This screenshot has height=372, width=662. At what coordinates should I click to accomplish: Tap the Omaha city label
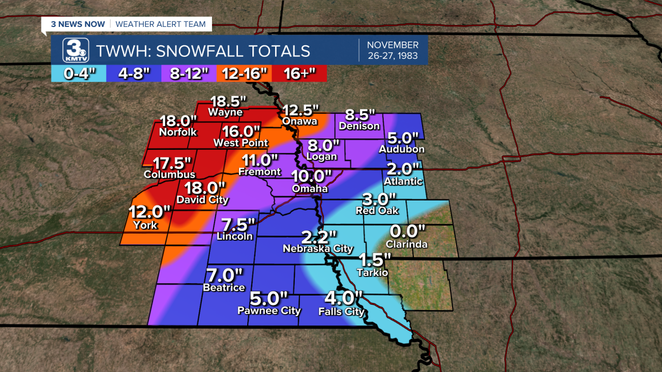(310, 189)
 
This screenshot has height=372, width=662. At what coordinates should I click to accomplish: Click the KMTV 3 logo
(76, 51)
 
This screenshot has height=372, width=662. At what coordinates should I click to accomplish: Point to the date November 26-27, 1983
(393, 50)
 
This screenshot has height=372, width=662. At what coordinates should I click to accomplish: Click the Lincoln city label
(235, 236)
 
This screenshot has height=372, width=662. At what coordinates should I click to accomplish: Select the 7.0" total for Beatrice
(224, 275)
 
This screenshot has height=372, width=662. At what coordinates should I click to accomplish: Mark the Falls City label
(341, 312)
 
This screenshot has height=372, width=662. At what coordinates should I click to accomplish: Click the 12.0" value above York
(150, 212)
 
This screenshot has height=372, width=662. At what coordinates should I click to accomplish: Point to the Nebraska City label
(318, 249)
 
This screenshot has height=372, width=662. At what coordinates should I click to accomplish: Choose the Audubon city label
(401, 149)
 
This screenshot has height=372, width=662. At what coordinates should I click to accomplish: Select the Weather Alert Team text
(160, 24)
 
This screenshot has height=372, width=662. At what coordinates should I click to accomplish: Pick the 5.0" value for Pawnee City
(268, 299)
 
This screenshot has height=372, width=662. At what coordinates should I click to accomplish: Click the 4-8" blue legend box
(134, 73)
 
